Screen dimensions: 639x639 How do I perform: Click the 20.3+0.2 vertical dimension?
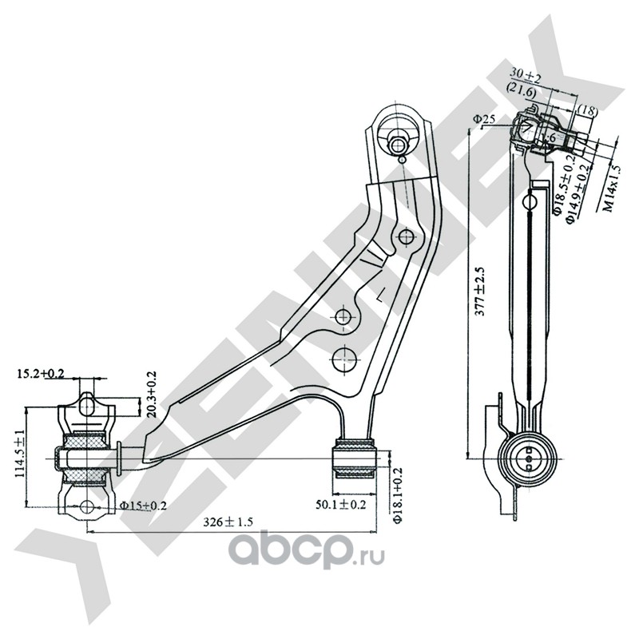[x=153, y=396]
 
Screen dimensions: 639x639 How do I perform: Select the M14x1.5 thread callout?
[x=611, y=189]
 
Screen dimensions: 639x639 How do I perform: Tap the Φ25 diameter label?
[x=485, y=119]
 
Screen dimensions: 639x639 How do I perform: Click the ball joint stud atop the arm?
[x=400, y=145]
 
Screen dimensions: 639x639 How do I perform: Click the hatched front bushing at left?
[x=85, y=458]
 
